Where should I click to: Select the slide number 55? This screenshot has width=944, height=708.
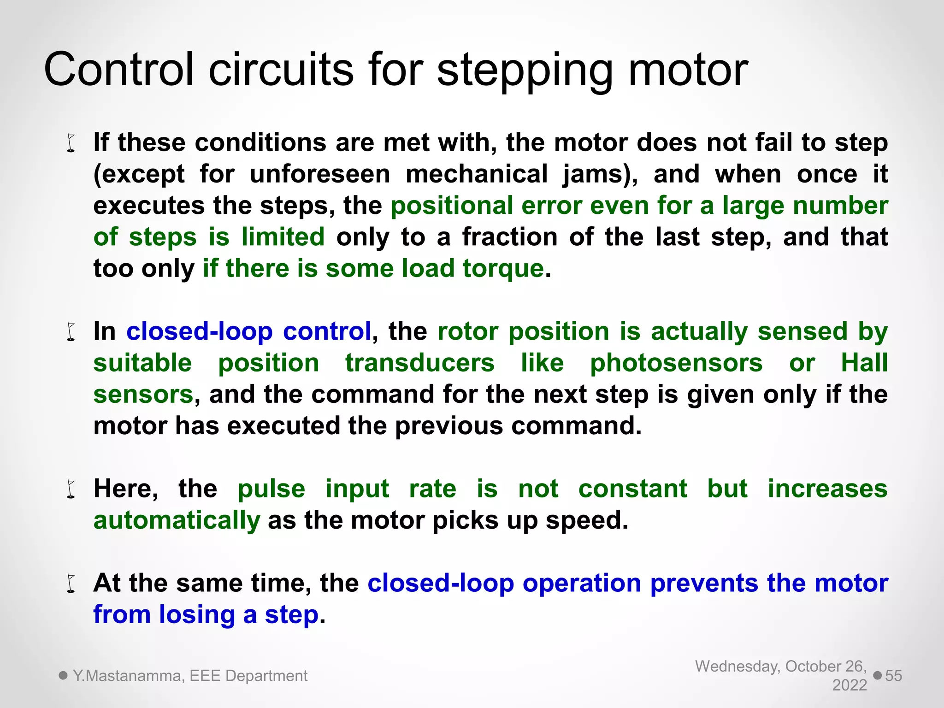tap(893, 676)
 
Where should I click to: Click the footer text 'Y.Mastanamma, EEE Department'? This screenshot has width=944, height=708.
tap(190, 676)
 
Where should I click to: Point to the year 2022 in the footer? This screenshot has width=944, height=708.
tap(850, 685)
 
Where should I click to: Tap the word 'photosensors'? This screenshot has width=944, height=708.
tap(676, 363)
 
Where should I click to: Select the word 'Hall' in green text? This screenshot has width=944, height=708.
tap(864, 363)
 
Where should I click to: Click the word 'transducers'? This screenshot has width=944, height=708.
tap(420, 363)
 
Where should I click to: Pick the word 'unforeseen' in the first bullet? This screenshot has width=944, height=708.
tap(320, 174)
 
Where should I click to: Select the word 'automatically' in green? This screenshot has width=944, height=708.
tap(177, 520)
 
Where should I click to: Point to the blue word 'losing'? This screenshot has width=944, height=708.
tap(197, 614)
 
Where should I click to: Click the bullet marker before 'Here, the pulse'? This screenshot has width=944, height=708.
tap(71, 490)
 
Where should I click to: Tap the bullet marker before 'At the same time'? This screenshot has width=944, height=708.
tap(71, 584)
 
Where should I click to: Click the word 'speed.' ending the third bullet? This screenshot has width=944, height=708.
tap(587, 520)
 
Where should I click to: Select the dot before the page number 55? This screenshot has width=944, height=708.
tap(878, 676)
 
